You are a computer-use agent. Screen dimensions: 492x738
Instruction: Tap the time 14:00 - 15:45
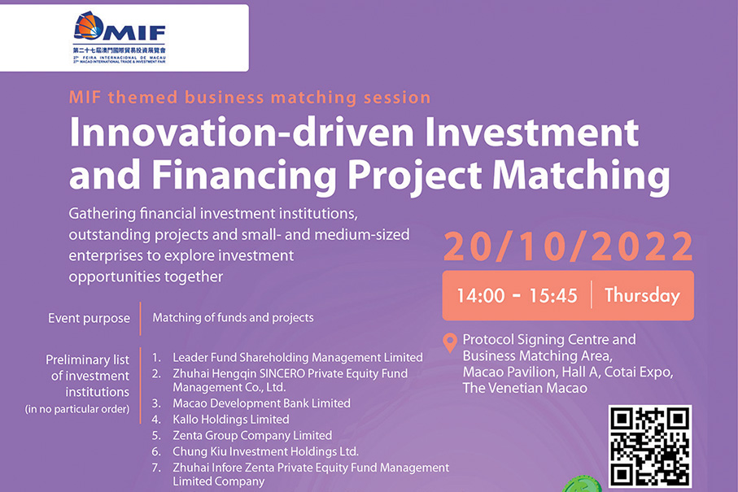tap(517, 295)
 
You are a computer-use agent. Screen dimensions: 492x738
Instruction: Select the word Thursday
tap(642, 295)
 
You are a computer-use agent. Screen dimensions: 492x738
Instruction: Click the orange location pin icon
tap(450, 342)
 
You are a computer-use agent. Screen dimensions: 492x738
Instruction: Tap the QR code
tap(650, 446)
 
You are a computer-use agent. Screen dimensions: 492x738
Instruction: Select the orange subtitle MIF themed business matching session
tap(250, 98)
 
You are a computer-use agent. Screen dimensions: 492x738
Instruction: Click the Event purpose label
tap(89, 318)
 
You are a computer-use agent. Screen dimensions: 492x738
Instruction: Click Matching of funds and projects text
tap(233, 318)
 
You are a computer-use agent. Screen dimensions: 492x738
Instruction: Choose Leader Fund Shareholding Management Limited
tap(298, 357)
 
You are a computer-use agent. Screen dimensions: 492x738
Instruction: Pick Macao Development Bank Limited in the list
tap(261, 403)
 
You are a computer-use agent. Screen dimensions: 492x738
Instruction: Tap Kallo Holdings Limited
tap(230, 419)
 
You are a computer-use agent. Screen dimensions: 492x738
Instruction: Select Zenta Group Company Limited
tap(252, 435)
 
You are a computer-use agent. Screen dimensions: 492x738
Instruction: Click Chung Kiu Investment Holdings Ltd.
tap(265, 451)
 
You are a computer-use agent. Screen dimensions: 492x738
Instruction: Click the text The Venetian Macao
tap(525, 388)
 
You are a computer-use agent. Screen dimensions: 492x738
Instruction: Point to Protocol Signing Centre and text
tap(549, 339)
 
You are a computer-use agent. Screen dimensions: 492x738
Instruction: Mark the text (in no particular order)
tap(77, 409)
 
